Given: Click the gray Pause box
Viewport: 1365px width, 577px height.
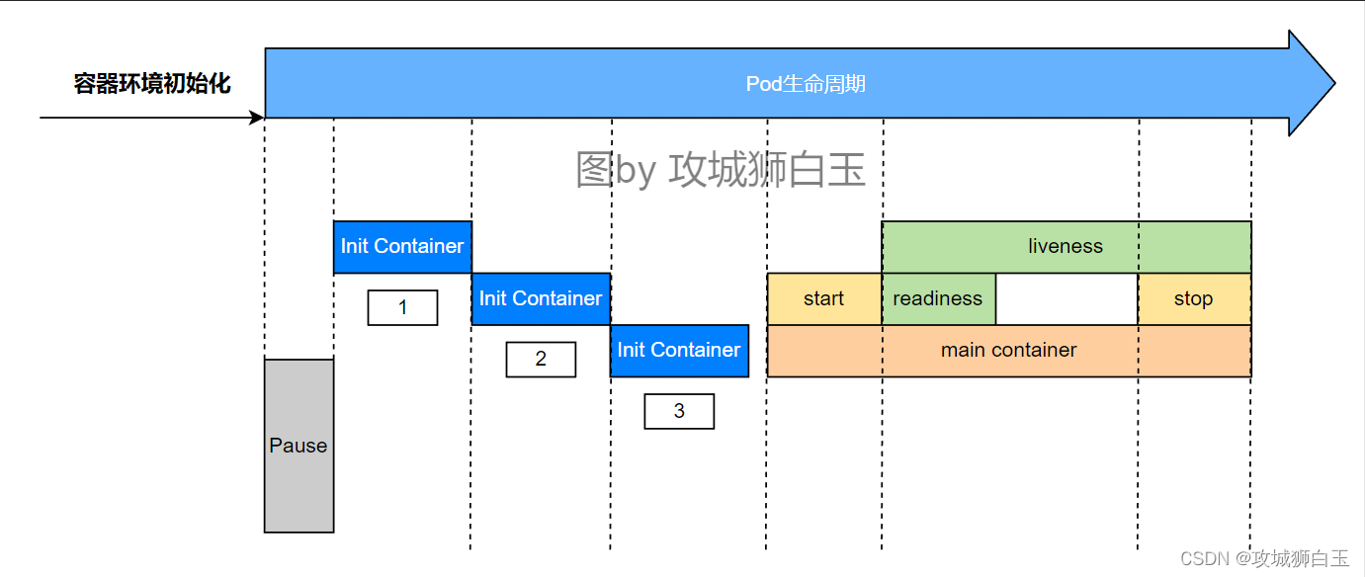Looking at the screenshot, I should click(x=299, y=446).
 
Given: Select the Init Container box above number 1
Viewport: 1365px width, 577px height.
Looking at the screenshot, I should click(x=402, y=247).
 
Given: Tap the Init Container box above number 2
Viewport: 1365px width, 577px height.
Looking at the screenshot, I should click(x=541, y=298).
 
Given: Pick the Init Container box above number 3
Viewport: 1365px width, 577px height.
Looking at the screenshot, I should click(x=679, y=350).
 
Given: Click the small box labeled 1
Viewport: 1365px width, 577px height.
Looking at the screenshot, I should click(x=402, y=307).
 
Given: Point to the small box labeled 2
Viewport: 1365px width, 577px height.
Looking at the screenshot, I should click(x=541, y=359).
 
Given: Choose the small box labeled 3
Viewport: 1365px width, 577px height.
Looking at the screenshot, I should click(x=679, y=411).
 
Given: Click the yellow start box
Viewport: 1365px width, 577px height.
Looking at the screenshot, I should click(x=824, y=298).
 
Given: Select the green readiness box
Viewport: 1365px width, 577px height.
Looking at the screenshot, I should click(x=938, y=298).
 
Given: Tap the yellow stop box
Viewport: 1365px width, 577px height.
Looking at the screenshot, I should click(x=1194, y=298).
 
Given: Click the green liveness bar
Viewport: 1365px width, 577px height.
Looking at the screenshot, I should click(x=1066, y=247).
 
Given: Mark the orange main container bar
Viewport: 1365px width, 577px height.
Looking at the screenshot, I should click(x=1009, y=351).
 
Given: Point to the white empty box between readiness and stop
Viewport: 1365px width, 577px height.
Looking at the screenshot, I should click(x=1066, y=298).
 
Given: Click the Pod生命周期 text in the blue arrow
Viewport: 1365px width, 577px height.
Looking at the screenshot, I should click(x=806, y=84).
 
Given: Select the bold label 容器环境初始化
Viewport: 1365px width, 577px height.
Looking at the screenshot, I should click(x=152, y=84).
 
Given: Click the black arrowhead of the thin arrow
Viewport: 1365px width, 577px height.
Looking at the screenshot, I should click(x=258, y=118).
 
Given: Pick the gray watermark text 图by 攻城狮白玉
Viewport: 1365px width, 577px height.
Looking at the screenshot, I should click(x=721, y=170).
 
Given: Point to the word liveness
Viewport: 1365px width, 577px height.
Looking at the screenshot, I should click(x=1066, y=247).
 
